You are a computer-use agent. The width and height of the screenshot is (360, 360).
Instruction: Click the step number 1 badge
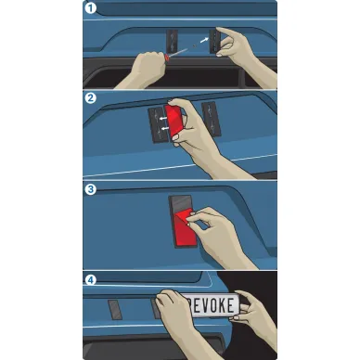(91, 8)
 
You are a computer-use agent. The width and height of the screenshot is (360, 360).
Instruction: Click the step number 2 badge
(91, 98)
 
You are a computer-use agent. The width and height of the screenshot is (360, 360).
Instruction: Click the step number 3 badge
(91, 189)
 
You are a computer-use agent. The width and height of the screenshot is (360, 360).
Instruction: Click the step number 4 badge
(91, 280)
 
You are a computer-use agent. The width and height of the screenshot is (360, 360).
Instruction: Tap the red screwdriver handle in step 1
(167, 57)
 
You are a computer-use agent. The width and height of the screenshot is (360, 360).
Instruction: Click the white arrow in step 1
(204, 40)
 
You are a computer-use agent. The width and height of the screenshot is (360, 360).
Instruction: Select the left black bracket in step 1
(172, 41)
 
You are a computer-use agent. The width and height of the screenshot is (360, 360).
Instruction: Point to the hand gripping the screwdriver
(146, 70)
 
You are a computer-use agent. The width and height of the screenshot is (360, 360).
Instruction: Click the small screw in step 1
(194, 46)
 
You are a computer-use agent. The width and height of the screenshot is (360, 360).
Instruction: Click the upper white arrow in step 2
(162, 118)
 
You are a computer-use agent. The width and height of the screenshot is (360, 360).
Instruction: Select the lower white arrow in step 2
(164, 128)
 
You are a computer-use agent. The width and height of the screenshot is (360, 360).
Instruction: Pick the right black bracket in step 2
(211, 119)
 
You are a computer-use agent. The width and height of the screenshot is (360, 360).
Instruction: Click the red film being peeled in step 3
(185, 228)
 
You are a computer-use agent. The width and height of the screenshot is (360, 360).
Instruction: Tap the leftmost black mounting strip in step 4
(115, 310)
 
